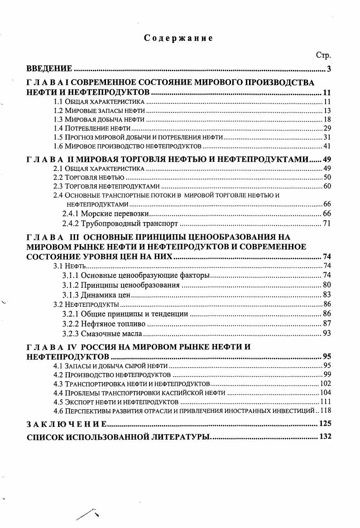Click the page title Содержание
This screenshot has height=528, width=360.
[178, 38]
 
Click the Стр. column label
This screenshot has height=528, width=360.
[323, 55]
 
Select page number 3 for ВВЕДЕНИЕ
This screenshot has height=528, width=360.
[329, 69]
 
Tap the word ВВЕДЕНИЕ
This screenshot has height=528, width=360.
[49, 69]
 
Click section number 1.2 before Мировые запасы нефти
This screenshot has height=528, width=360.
[58, 111]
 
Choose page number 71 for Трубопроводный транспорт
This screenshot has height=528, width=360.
[327, 223]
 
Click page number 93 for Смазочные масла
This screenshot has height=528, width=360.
[327, 334]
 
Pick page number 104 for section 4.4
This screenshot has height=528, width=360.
[326, 392]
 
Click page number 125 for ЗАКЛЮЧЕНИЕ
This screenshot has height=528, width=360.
[325, 424]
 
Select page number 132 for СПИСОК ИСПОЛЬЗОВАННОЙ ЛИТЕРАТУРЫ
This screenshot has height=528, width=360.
[325, 437]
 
